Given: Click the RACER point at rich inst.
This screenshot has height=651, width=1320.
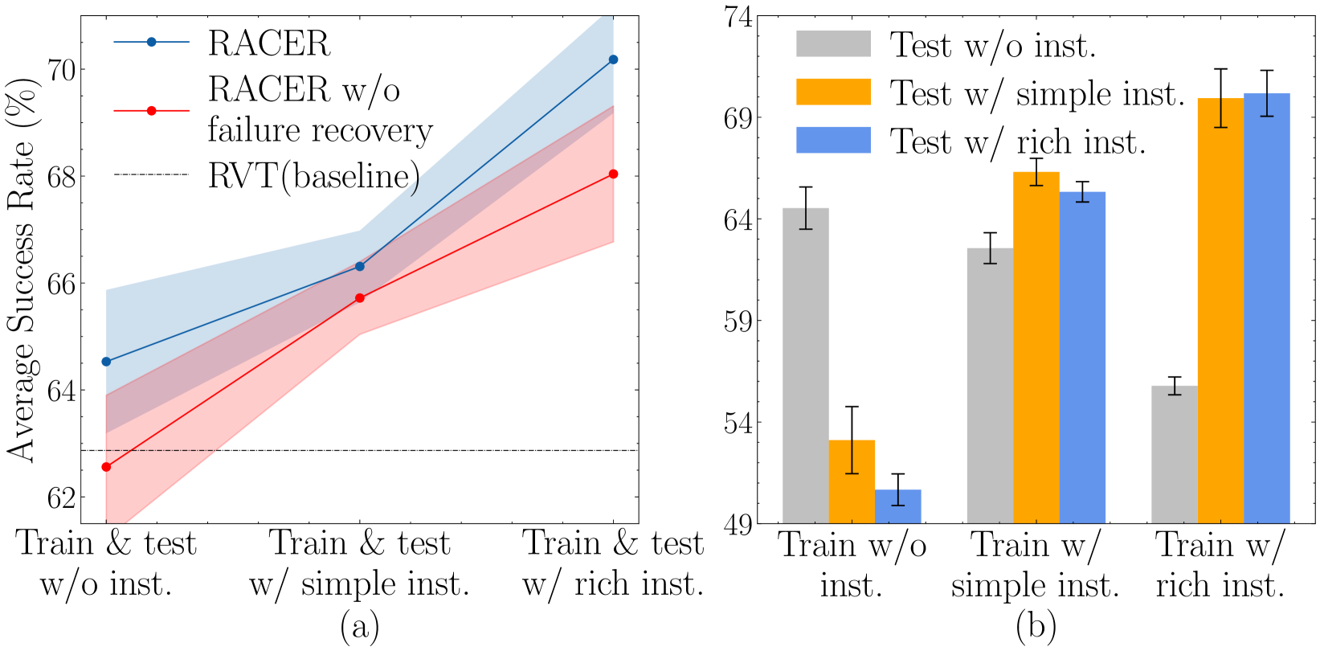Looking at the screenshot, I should tap(613, 59).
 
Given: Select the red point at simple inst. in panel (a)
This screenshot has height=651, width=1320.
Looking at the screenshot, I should tap(359, 298).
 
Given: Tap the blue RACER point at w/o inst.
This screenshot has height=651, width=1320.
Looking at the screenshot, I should tap(106, 362).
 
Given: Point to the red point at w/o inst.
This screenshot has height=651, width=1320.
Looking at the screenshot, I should tap(106, 467).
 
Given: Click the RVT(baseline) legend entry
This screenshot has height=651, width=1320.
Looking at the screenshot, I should tap(313, 175).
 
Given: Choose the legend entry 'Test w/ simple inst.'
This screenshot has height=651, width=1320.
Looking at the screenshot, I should tap(1036, 93).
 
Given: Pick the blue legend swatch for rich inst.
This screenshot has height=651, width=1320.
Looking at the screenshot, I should tap(833, 140).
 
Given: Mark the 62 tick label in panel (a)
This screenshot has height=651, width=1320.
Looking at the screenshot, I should tap(62, 497).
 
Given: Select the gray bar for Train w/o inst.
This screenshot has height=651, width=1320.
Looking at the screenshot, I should tap(806, 366).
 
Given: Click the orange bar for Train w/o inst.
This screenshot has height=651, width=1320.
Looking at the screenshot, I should tap(852, 481).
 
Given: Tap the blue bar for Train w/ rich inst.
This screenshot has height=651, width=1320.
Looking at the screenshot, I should tap(1267, 309).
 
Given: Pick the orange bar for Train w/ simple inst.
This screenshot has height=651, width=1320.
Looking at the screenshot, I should tap(1036, 347).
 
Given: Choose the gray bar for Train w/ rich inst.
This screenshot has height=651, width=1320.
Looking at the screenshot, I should tap(1175, 454).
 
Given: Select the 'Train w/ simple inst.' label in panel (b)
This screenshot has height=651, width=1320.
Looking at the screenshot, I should tap(1036, 566).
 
